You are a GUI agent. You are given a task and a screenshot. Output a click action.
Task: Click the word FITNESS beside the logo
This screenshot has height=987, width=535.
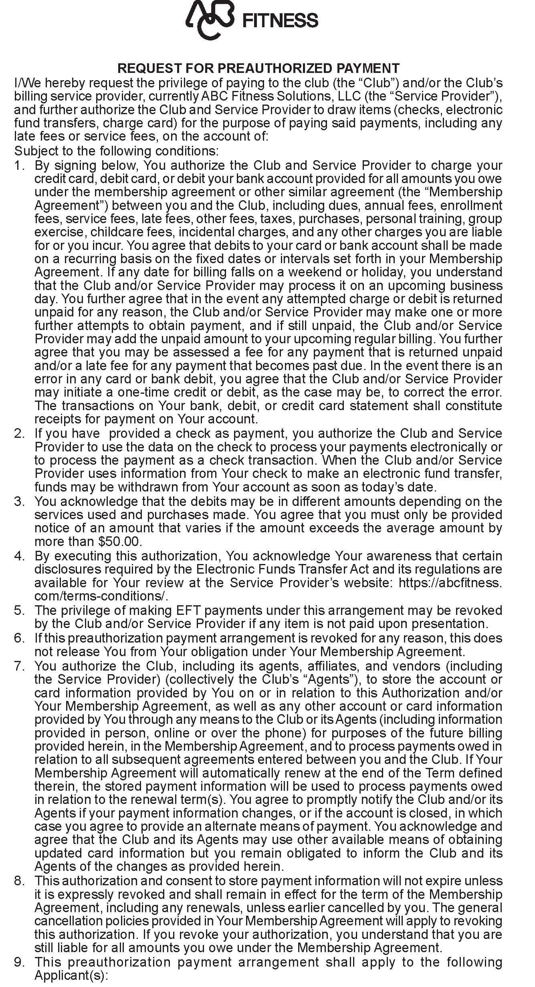[281, 20]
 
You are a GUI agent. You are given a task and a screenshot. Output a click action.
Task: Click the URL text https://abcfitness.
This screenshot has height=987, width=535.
[450, 583]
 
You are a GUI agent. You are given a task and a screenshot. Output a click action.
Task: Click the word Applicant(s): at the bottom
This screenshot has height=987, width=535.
[72, 975]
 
